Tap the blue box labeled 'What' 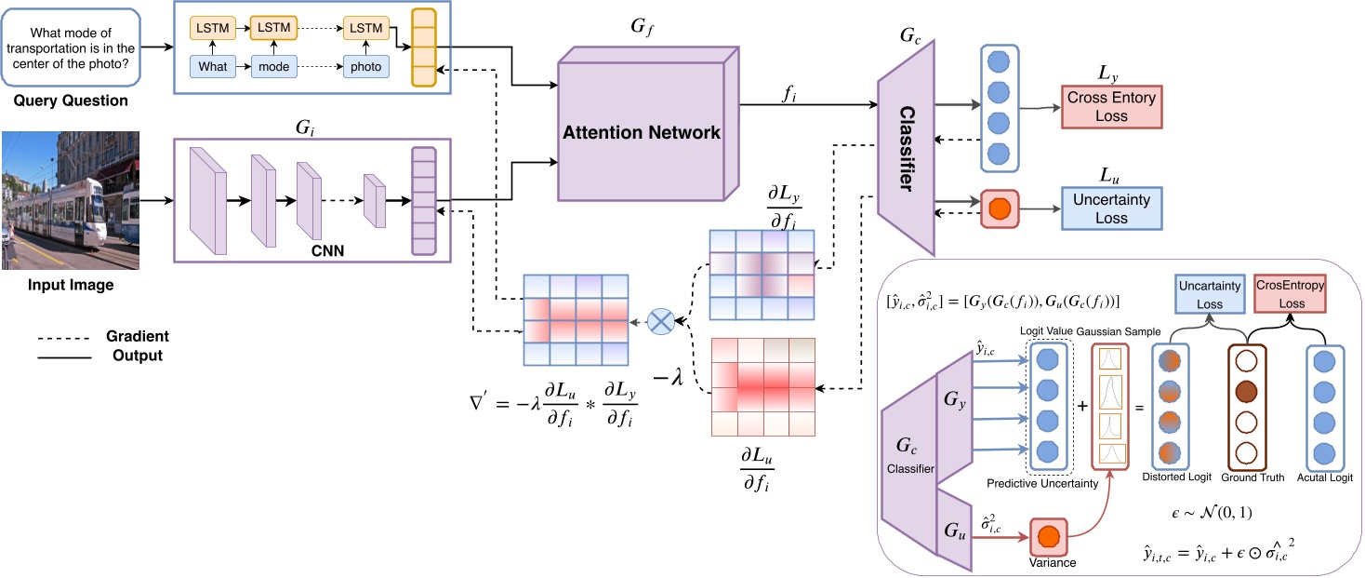pos(213,67)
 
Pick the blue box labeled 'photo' pos(365,67)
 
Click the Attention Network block pos(642,133)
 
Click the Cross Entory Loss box pos(1111,107)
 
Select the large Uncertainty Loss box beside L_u pos(1111,209)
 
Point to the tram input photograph pos(70,200)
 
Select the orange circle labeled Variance pos(1048,537)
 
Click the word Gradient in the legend pos(138,336)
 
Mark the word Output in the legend pos(138,356)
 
